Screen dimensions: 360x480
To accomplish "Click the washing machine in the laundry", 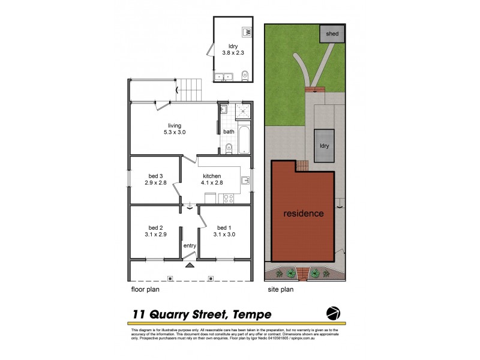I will [246, 32].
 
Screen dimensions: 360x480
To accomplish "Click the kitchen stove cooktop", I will [228, 198].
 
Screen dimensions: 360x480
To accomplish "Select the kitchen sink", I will [245, 180].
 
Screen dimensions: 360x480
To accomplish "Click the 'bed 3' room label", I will [156, 176].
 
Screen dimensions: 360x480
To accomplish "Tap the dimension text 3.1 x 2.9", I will [156, 235].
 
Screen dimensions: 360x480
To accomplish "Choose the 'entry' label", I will [190, 245].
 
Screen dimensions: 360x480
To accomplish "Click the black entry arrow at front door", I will [190, 264].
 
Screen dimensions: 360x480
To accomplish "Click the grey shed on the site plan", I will [332, 34].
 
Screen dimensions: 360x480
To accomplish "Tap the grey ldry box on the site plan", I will [324, 146].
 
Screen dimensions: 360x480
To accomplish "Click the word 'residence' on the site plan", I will [304, 213].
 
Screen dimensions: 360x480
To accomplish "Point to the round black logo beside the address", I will [334, 313].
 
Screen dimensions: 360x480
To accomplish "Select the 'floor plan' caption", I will [146, 289].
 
